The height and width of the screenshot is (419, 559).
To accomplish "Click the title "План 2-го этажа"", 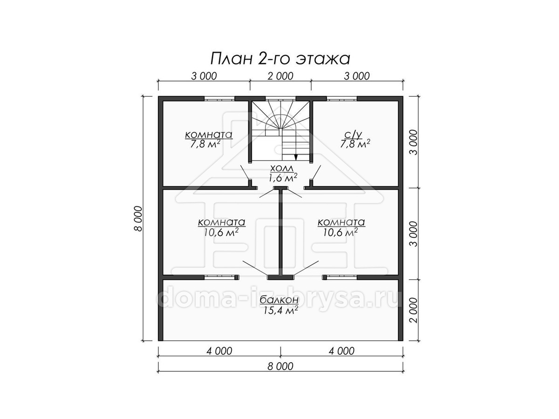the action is [280, 59].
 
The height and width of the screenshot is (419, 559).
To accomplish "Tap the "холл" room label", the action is [282, 168].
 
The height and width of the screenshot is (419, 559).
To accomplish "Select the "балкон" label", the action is [279, 300].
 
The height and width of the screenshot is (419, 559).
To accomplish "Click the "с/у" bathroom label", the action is [355, 135].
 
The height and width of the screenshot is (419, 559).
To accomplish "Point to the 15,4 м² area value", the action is [281, 311].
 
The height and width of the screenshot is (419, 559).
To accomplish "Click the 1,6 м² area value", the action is [283, 178].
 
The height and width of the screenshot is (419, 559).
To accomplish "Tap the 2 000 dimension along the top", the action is [280, 76].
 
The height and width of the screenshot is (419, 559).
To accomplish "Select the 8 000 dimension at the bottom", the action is [280, 366].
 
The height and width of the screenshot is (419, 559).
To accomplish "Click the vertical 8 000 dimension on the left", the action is [138, 218].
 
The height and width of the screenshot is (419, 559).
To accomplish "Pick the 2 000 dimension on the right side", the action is [414, 310].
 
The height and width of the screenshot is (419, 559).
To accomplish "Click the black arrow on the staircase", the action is [296, 157].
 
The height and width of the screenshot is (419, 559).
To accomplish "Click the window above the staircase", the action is [280, 99].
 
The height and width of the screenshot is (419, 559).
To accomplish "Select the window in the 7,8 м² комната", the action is [219, 99].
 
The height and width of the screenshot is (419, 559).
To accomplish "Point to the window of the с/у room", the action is [342, 99].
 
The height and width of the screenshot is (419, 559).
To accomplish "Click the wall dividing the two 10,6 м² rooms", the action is [280, 233].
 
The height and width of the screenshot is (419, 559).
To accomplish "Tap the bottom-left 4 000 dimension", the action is [219, 351].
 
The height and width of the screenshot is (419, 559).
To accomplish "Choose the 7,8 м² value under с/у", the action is [355, 144].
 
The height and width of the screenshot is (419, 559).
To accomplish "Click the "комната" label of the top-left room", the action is [209, 135].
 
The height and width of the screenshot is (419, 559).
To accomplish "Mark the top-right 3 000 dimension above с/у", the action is [356, 76].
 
